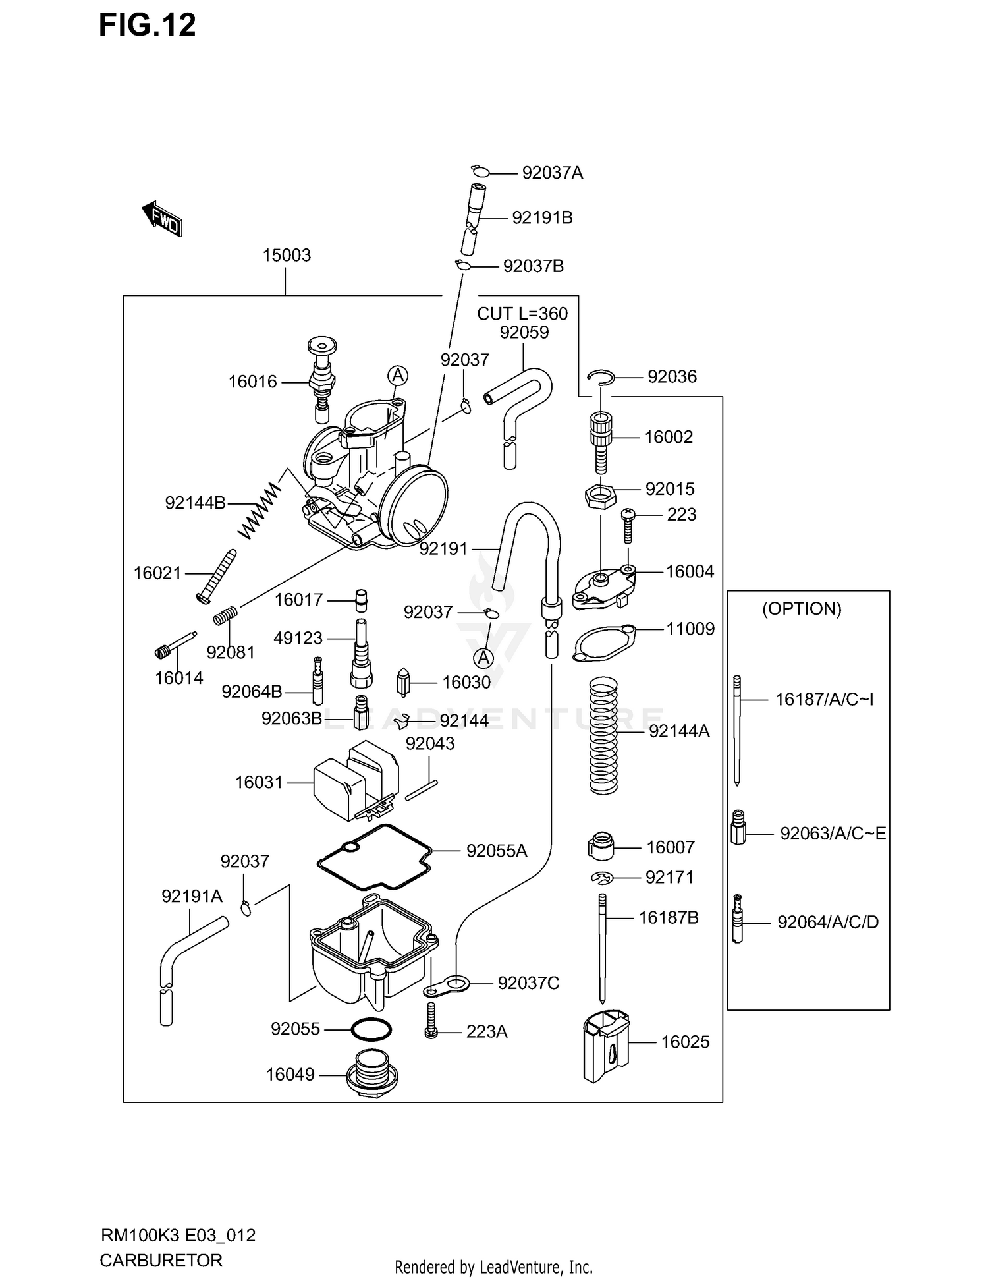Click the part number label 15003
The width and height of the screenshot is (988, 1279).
tap(287, 256)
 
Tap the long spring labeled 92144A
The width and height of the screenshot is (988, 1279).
tap(603, 736)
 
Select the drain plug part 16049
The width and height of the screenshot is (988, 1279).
tap(373, 1075)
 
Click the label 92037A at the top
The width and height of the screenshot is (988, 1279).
tap(552, 173)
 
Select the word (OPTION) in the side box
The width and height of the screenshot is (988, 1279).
tap(802, 609)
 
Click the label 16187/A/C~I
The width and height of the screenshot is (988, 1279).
tap(824, 699)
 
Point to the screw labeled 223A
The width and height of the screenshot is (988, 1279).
tap(431, 1021)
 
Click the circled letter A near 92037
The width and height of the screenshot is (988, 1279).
tap(484, 658)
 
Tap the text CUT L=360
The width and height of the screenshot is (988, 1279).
tap(522, 314)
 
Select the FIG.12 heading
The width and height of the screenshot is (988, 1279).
tap(148, 25)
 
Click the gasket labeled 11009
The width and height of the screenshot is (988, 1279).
tap(605, 641)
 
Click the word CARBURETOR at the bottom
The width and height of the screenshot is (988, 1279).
tap(161, 1261)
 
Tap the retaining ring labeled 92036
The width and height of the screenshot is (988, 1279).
tap(601, 377)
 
